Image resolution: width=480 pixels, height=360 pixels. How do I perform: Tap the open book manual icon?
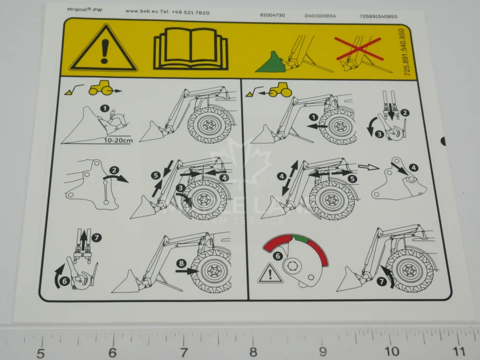click(x=190, y=49)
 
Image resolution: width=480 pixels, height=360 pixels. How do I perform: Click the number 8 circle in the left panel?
click(x=182, y=264)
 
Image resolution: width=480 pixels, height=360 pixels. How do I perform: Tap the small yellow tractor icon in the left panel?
click(x=100, y=89)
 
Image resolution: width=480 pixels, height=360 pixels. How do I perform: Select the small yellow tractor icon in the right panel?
click(x=280, y=90)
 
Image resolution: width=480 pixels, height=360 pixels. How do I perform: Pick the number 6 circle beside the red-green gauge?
click(x=277, y=256)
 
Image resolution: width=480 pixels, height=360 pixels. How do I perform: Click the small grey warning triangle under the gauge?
click(x=270, y=275)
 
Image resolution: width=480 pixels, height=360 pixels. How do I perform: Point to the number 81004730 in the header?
click(x=272, y=15)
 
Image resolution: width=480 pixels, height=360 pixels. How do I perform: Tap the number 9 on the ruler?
click(x=323, y=351)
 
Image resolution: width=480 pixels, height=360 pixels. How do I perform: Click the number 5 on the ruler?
click(x=41, y=353)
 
